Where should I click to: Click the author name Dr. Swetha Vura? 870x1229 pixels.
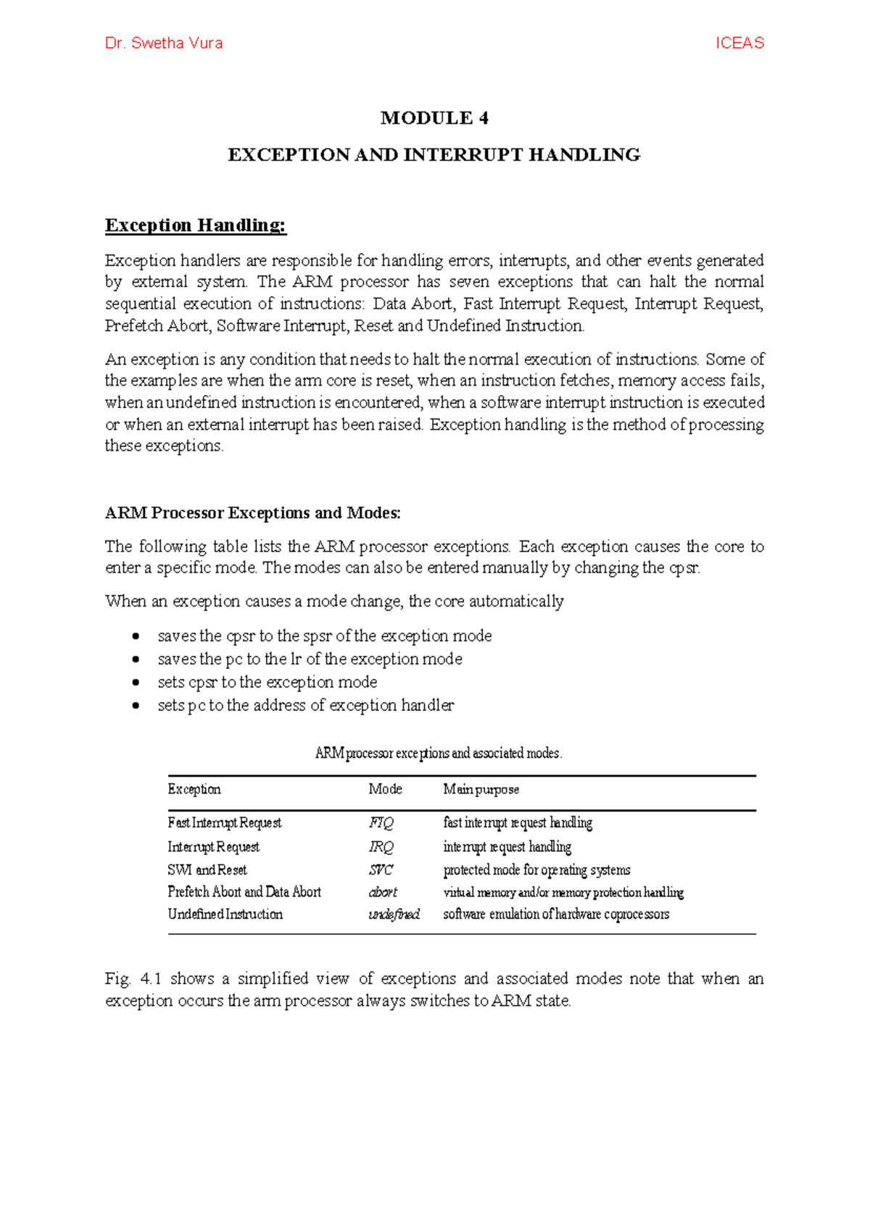164,43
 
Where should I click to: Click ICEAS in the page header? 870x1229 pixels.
739,43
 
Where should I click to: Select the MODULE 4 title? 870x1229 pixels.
434,118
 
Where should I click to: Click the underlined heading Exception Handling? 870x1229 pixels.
196,225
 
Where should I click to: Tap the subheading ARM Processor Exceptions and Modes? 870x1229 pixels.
252,513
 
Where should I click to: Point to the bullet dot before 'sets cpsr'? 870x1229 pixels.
136,683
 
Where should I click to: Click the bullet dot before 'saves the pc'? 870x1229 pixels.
136,659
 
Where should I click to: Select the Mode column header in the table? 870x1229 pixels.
385,789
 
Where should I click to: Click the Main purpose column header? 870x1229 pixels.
481,789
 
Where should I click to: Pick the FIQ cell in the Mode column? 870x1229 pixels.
381,823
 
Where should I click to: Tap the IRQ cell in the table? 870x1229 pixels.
381,847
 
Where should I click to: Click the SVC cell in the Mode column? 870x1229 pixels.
381,870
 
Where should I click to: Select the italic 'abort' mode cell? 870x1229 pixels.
383,892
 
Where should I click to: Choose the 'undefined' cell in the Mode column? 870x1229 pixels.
394,915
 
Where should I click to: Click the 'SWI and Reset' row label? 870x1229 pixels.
207,870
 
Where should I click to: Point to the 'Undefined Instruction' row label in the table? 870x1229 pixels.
225,915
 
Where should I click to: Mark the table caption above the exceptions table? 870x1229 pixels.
439,754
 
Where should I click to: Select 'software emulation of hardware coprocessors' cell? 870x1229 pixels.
556,915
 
